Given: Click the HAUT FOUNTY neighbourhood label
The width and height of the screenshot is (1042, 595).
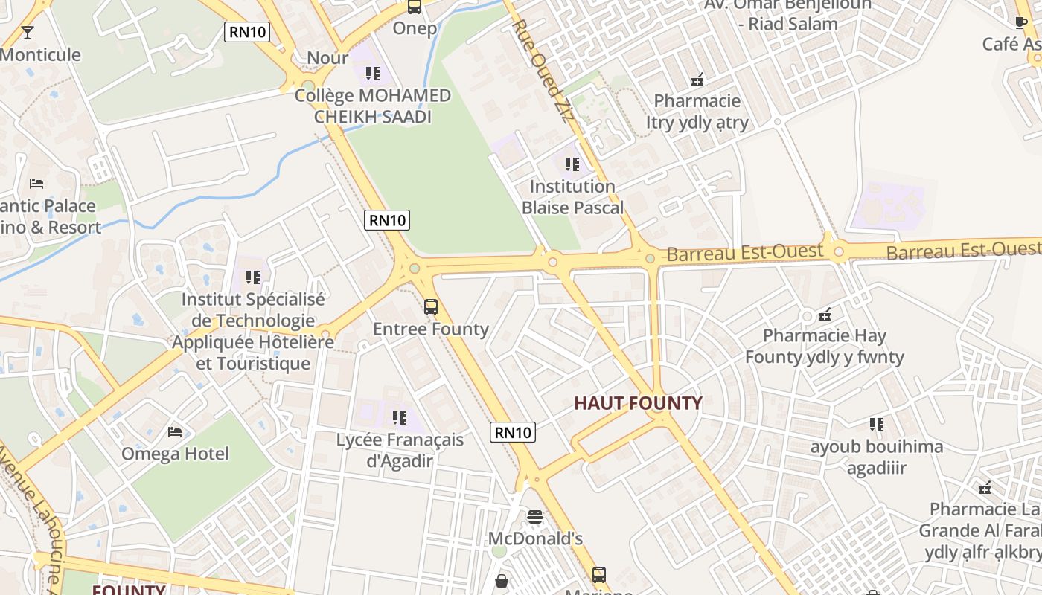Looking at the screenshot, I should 638,403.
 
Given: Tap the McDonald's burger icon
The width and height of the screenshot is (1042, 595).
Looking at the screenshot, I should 534,516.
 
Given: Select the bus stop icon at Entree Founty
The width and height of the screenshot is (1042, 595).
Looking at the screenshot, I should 430,306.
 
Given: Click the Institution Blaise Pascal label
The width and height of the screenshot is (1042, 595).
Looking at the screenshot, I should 572,196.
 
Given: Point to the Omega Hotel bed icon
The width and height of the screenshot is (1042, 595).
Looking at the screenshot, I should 175,431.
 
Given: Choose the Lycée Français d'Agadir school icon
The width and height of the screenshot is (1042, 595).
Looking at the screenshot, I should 400,418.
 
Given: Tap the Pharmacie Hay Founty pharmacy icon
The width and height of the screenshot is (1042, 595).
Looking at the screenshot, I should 824,314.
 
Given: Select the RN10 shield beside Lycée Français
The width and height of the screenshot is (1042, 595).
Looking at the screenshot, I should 513,431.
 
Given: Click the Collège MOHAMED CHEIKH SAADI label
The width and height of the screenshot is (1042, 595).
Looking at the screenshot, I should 373,106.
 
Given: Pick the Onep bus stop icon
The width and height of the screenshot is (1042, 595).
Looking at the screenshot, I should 415,7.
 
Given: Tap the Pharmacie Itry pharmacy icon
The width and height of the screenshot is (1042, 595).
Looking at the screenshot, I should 697,79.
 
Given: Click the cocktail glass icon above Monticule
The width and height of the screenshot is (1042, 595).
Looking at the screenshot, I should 28,32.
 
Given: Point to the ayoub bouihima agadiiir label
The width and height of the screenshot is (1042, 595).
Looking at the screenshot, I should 876,457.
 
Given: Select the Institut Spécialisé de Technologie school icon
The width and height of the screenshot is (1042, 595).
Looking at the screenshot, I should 253,277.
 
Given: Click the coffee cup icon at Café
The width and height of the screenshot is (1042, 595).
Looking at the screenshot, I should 1021,23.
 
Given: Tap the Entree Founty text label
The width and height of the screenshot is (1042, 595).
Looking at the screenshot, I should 430,329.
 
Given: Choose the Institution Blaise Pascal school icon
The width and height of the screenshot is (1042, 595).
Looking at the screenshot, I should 572,164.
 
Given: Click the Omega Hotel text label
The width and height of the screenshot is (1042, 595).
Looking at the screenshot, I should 175,454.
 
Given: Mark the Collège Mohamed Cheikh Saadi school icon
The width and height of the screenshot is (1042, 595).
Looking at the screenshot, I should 373,73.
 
